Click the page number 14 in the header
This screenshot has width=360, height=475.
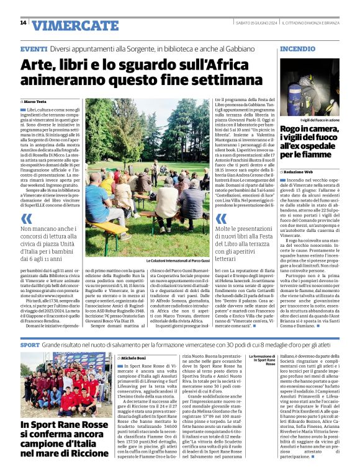23,23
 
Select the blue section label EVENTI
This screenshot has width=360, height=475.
34,48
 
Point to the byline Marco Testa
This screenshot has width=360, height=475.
37,100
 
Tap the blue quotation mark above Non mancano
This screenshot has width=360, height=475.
26,220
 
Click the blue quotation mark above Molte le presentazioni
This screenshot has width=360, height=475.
221,220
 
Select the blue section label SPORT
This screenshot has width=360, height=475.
29,344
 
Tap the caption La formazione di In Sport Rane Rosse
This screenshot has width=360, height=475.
261,360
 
